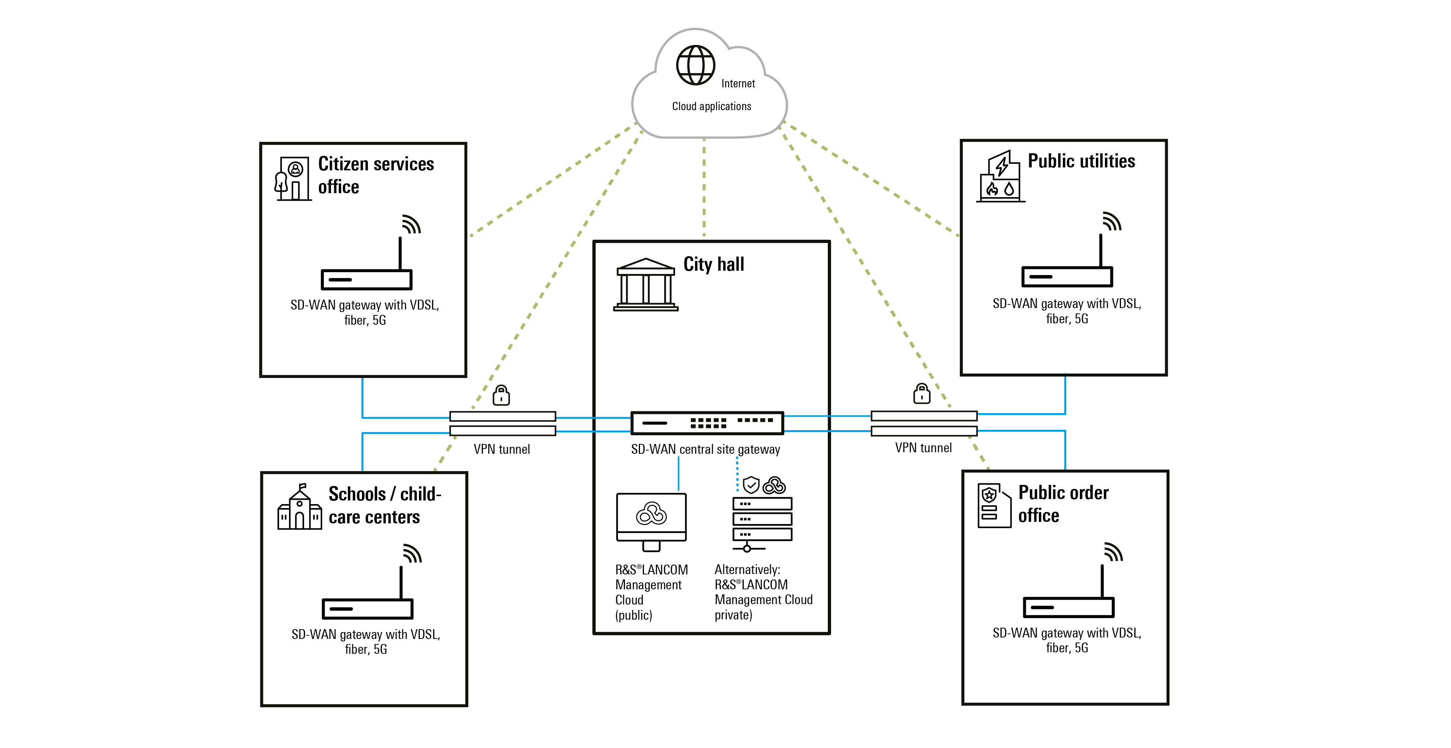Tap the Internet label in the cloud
click(738, 83)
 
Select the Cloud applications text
click(711, 107)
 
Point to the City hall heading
click(714, 264)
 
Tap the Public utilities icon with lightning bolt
click(1000, 176)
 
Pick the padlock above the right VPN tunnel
click(921, 394)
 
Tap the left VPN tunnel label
click(501, 449)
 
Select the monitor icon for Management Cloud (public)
click(651, 522)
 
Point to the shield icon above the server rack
click(751, 485)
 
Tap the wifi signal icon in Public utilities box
click(1112, 221)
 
